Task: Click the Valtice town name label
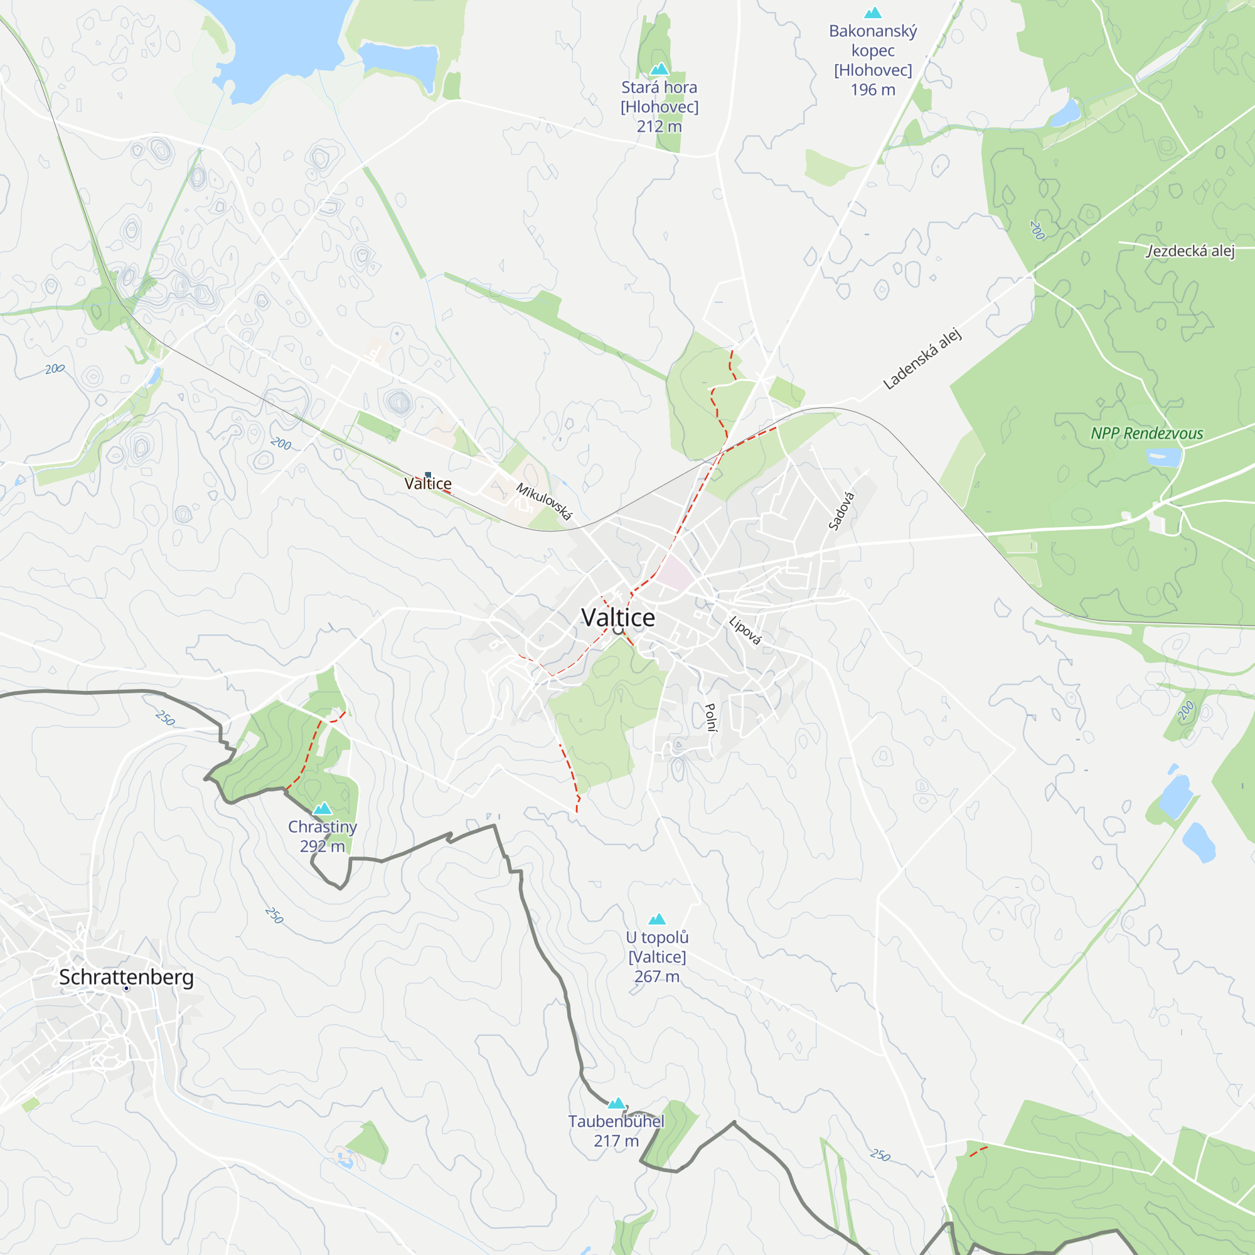coord(617,617)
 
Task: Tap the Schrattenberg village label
coord(126,977)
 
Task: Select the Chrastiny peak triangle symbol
coord(322,809)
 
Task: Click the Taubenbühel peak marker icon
coord(616,1104)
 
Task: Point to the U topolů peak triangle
coord(657,919)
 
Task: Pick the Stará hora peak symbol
coord(660,69)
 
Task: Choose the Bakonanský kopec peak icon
coord(872,13)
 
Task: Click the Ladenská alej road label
coord(922,359)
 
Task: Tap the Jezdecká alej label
coord(1189,251)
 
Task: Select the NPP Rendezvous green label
coord(1146,433)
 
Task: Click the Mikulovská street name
coord(544,501)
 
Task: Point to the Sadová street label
coord(841,511)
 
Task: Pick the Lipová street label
coord(744,631)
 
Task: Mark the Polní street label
coord(711,717)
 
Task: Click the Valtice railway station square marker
coord(427,475)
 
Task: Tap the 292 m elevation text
coord(322,846)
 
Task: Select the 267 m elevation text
coord(657,976)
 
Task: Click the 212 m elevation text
coord(659,126)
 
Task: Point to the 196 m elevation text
coord(872,90)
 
